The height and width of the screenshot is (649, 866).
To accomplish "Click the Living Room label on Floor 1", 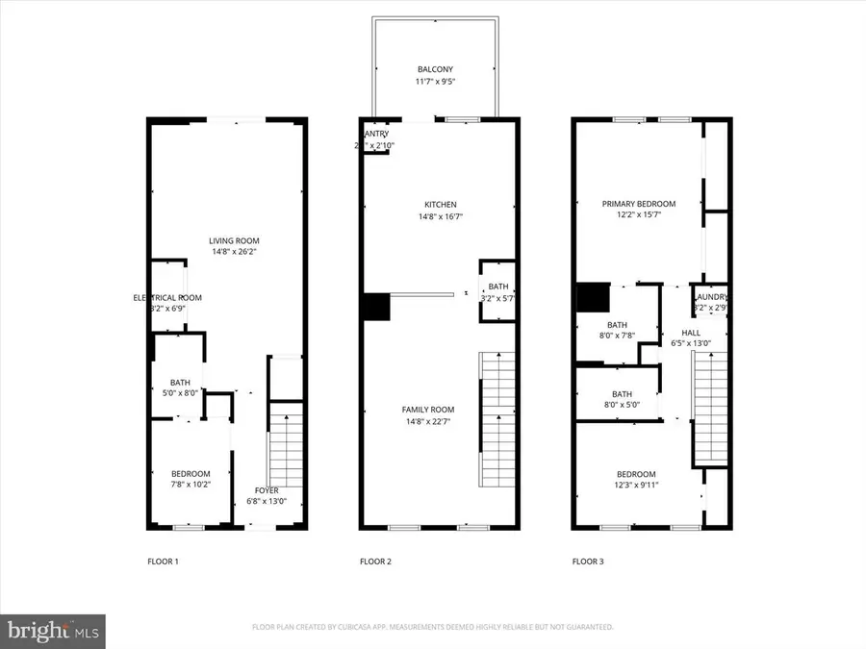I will click(235, 246).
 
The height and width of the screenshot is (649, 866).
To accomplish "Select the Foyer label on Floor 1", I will click(266, 495).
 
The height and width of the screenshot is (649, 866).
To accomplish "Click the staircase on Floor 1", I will click(286, 453).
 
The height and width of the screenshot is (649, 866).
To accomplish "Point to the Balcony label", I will click(435, 75).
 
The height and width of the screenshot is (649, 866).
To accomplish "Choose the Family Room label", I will click(427, 415).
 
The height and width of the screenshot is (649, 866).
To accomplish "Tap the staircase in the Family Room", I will click(496, 418).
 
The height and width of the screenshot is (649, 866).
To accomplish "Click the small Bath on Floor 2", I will click(497, 292).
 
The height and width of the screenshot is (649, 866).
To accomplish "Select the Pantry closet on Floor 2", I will click(374, 140).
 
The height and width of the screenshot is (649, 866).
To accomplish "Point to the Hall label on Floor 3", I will click(690, 337).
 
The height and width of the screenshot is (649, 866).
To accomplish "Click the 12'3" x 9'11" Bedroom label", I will click(636, 480).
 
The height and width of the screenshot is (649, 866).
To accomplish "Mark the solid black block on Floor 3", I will click(593, 297).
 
